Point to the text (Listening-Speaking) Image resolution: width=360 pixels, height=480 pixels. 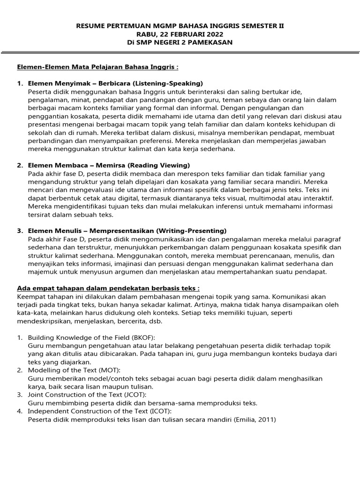point(167,83)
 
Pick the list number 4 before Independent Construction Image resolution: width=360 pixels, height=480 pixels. point(20,412)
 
